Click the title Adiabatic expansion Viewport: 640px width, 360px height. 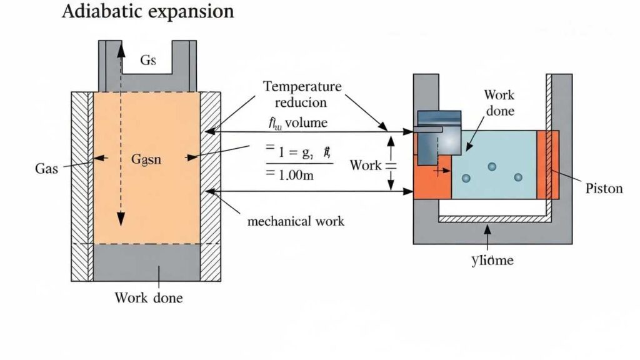pos(147,12)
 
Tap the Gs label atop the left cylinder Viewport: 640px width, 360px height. pos(147,61)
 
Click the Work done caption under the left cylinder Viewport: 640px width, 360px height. pos(149,297)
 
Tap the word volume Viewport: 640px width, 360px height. pos(306,122)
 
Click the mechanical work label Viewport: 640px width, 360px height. pos(296,221)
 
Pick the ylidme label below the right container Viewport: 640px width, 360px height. pos(492,260)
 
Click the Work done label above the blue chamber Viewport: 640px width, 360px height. pos(499,102)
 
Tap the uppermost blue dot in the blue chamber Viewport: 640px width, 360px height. pos(492,166)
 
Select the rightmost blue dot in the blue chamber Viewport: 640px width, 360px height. pos(518,177)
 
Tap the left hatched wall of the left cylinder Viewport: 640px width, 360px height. pos(82,187)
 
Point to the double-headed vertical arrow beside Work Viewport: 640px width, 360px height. pos(391,164)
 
